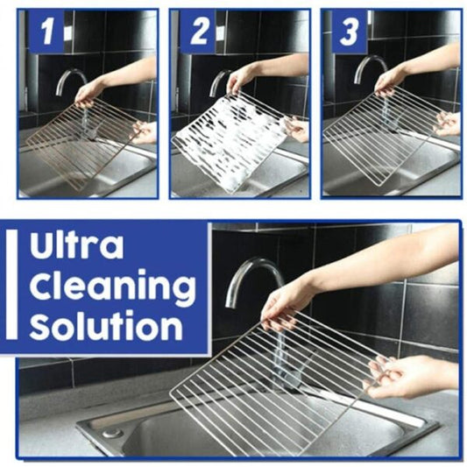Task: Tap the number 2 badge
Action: tap(200, 34)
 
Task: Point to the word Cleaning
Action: tap(111, 287)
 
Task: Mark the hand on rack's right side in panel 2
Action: tap(297, 130)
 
